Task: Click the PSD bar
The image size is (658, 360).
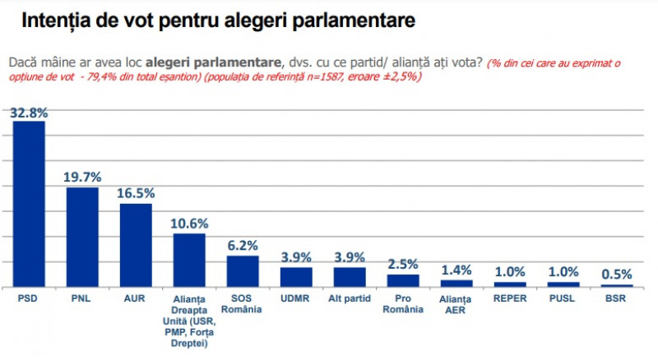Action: click(29, 204)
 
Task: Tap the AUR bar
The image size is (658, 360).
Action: click(136, 245)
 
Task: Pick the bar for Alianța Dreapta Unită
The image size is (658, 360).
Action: click(189, 260)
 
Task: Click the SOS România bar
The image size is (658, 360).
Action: click(243, 270)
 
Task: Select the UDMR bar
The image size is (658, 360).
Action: click(296, 276)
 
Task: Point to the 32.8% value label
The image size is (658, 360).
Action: click(29, 113)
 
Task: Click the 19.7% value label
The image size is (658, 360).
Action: click(82, 177)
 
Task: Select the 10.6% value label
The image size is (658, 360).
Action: click(189, 223)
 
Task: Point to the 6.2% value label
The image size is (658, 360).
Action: click(243, 245)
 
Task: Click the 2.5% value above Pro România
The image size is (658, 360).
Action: click(403, 264)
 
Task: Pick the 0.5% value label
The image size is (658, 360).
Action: click(617, 274)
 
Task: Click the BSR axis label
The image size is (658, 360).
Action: click(617, 298)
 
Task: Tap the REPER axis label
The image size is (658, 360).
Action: click(510, 298)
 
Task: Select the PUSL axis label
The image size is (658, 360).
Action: click(563, 298)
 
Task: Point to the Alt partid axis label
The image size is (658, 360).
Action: click(350, 298)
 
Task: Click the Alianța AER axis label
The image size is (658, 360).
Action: click(456, 303)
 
